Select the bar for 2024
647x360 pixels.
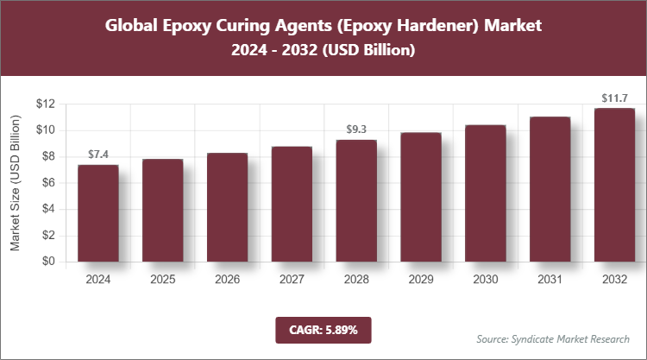click(x=97, y=213)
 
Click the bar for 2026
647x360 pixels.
click(x=227, y=207)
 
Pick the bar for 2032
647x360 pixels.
click(x=615, y=185)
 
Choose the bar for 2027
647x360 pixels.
click(x=292, y=204)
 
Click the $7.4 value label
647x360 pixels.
click(x=97, y=155)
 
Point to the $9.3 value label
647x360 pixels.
click(x=356, y=129)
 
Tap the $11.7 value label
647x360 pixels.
click(x=615, y=98)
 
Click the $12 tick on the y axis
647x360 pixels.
click(x=46, y=104)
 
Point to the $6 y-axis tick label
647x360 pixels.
click(x=49, y=182)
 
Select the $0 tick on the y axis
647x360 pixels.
click(x=49, y=262)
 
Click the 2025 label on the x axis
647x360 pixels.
click(x=162, y=280)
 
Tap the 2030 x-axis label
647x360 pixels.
click(x=486, y=280)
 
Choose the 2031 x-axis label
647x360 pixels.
click(x=550, y=280)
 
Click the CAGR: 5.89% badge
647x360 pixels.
click(x=323, y=329)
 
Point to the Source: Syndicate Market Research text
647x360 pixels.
click(x=553, y=338)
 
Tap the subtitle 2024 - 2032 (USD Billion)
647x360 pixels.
click(x=323, y=51)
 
